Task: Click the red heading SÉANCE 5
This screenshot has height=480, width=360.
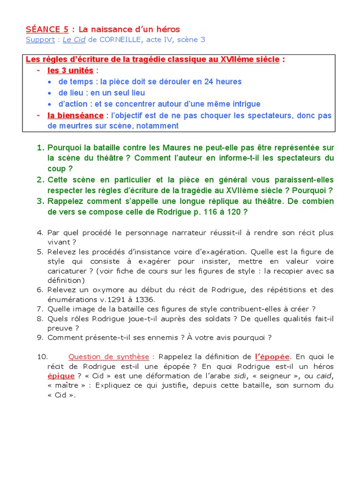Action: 47,30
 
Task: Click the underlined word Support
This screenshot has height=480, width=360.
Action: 40,40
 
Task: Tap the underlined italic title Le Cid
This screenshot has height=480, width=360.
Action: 74,40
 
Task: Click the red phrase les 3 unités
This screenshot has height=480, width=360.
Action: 70,71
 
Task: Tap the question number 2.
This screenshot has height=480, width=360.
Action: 40,180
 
